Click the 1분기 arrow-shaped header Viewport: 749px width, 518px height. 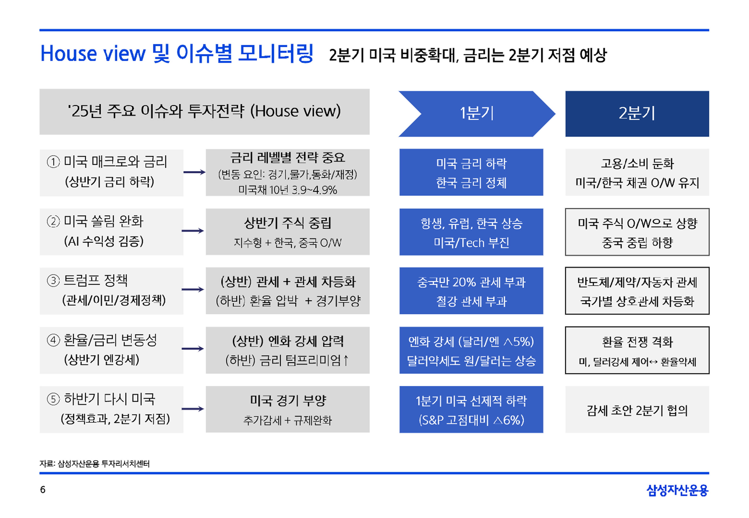477,114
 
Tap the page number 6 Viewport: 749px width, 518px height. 42,489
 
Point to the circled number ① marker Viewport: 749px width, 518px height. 54,162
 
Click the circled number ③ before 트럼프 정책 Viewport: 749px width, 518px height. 54,280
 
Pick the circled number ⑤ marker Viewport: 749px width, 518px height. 54,399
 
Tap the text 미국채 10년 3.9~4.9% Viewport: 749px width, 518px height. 288,190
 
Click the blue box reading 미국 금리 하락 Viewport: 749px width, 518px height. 471,172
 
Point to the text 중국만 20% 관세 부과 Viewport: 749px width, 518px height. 471,282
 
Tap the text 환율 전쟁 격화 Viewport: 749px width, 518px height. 637,342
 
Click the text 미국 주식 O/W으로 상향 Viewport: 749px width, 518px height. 637,223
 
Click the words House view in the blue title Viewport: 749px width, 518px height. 93,53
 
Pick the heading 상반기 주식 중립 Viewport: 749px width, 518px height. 288,223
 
